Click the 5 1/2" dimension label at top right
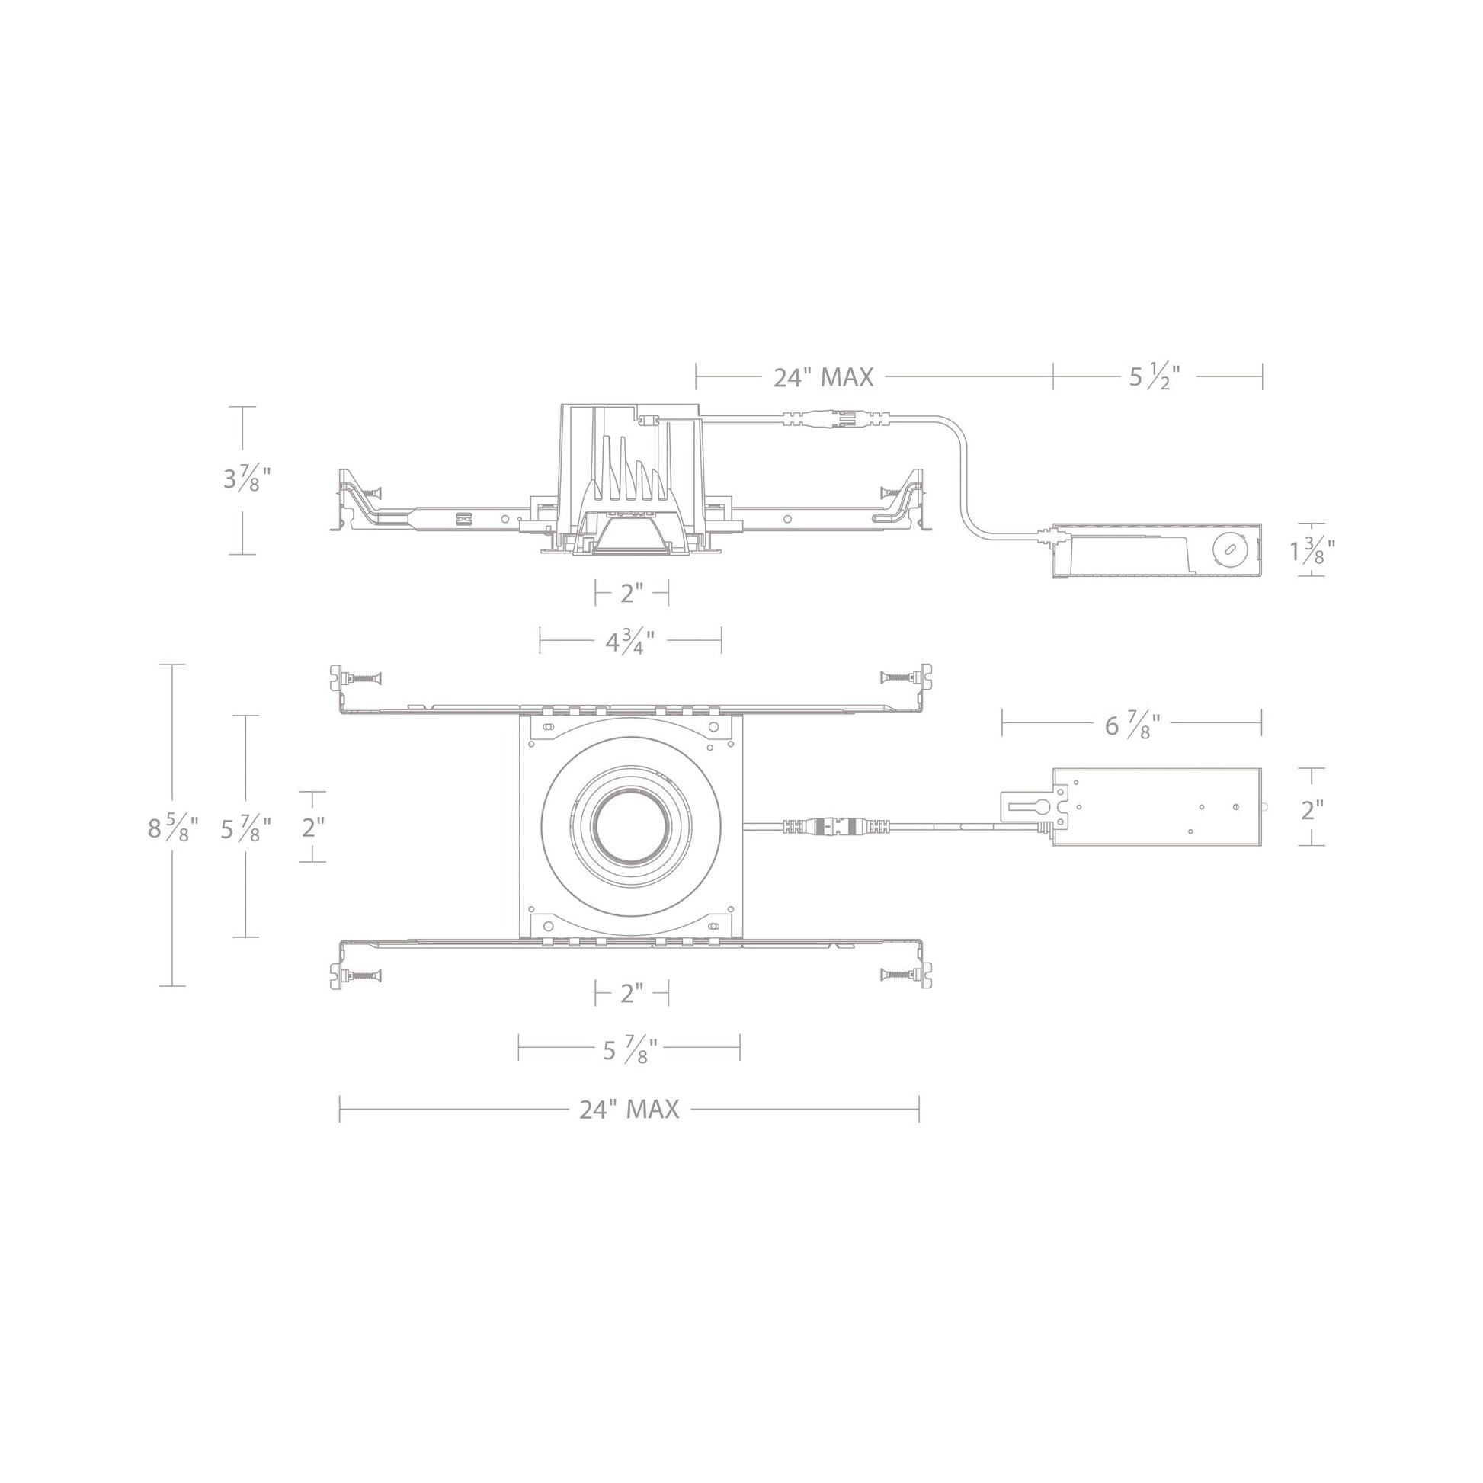(x=1154, y=377)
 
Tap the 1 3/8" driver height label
(x=1312, y=550)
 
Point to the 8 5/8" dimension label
(x=173, y=828)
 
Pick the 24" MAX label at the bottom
(x=629, y=1109)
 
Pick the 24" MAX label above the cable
(x=823, y=377)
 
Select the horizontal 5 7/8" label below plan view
(x=629, y=1049)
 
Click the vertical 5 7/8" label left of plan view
(x=245, y=828)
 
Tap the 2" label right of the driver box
(x=1312, y=809)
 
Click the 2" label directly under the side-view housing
(x=632, y=593)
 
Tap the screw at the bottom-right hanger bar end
(x=899, y=975)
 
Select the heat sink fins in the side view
(x=625, y=476)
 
